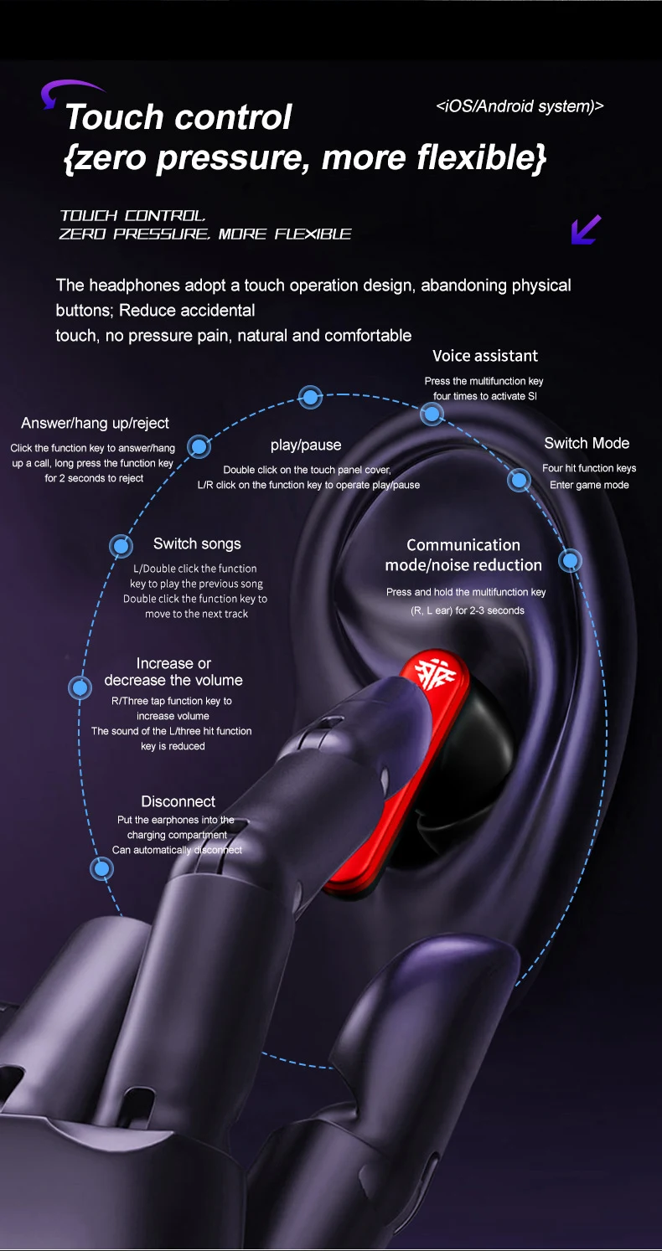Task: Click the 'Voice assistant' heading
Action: (x=485, y=356)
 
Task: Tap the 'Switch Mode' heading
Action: (x=586, y=443)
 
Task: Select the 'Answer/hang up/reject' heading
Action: (x=95, y=423)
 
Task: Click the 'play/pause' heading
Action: (x=306, y=445)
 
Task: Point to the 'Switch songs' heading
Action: (x=197, y=543)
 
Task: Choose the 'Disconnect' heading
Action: (x=178, y=801)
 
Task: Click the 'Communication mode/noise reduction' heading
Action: (x=463, y=555)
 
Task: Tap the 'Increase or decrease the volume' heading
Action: (x=173, y=672)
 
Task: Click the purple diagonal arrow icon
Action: (x=586, y=229)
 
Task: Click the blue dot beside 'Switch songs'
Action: (x=122, y=547)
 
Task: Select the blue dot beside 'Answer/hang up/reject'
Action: (x=199, y=446)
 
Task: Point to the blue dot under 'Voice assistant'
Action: (x=432, y=412)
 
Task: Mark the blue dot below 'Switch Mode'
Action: (x=520, y=480)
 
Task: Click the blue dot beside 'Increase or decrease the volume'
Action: (x=80, y=688)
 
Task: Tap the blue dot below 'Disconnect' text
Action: (x=102, y=869)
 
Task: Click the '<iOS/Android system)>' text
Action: (x=520, y=106)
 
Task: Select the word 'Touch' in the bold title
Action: (x=113, y=117)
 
